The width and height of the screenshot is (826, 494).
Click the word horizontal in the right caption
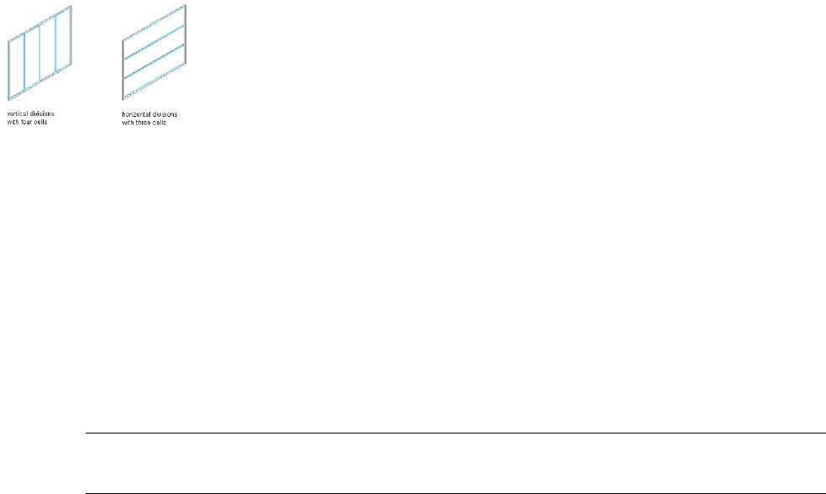(135, 113)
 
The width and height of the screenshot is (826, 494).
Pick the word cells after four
(43, 119)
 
